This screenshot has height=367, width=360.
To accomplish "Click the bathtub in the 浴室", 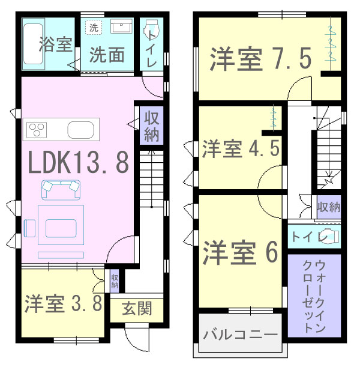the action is [33, 44].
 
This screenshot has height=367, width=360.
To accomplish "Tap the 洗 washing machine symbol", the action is [94, 28].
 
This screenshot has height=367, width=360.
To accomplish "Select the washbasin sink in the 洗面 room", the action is [121, 26].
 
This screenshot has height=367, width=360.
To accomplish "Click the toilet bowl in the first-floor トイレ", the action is [152, 28].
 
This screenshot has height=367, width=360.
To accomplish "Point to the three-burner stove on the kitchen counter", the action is [37, 130].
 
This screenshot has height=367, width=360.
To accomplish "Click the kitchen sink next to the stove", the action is [80, 130].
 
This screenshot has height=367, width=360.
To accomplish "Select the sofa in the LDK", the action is [61, 190].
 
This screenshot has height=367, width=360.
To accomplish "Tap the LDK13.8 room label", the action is [78, 162].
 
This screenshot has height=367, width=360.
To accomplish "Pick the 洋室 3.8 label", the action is [63, 303].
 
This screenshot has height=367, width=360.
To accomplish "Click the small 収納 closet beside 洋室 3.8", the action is [115, 281].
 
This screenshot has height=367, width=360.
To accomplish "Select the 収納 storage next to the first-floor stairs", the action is [151, 126].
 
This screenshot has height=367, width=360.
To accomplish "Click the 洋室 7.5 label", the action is [260, 58].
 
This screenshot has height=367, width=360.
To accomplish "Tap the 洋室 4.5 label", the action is [241, 148].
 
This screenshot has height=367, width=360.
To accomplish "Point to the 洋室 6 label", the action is [241, 252].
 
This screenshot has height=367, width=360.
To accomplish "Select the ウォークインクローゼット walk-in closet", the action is [314, 296].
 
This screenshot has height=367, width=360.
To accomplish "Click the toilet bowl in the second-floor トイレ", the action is [330, 237].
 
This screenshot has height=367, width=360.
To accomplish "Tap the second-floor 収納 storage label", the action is [329, 207].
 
